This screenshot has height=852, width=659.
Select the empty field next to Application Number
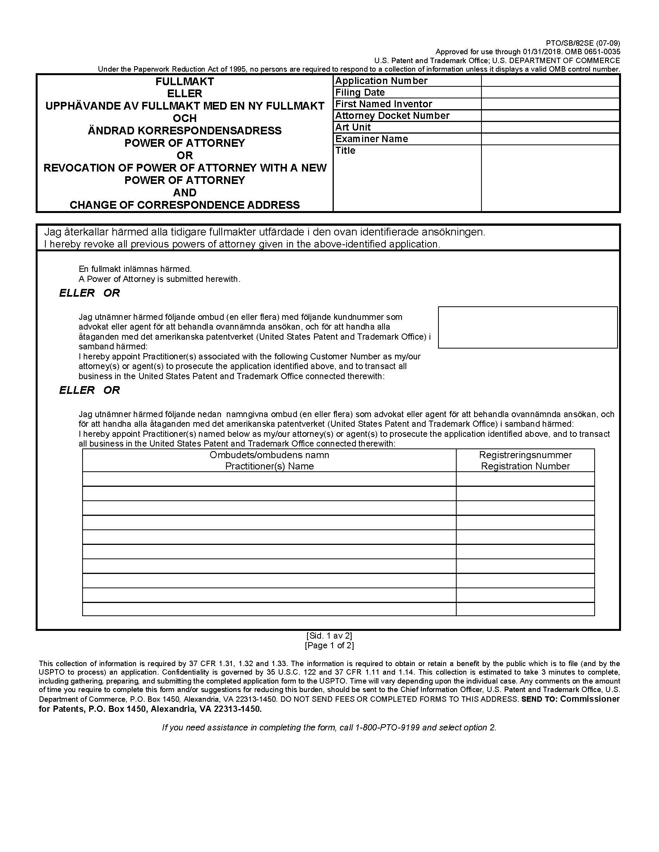(550, 81)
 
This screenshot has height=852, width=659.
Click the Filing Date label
(360, 93)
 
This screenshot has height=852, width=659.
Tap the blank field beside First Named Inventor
(550, 104)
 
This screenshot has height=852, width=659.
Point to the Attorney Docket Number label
(392, 116)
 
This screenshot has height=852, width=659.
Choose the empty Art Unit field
(550, 127)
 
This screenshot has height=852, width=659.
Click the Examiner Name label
(372, 139)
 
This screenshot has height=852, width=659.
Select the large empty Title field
(550, 178)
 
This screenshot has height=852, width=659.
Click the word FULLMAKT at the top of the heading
(185, 82)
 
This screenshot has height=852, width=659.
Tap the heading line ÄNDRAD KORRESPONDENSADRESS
(185, 131)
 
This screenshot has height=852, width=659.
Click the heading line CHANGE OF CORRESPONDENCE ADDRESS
(185, 205)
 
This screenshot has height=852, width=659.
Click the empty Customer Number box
(528, 327)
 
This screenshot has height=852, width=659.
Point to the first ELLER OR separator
(90, 293)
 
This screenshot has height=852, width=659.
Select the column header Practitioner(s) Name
(269, 466)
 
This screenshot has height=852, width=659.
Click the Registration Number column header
(525, 466)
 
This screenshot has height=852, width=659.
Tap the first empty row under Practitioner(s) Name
(269, 479)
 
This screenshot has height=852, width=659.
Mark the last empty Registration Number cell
(525, 609)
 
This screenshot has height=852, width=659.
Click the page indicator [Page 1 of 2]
(329, 646)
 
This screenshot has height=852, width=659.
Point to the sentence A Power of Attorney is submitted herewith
(159, 279)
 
